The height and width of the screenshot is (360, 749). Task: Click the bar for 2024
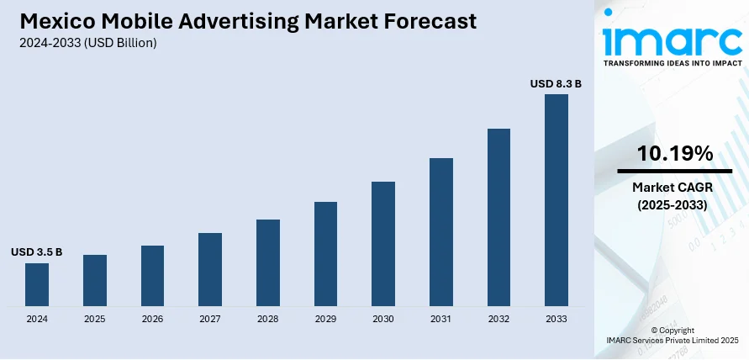37,284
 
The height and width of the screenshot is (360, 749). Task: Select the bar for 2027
210,269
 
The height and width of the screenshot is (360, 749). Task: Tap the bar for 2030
383,243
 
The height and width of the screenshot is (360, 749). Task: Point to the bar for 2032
498,217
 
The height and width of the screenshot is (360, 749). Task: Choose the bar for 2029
326,253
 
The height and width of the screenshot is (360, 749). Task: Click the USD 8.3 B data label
556,84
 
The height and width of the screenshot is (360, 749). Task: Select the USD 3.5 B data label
36,252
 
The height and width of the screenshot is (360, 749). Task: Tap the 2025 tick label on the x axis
95,320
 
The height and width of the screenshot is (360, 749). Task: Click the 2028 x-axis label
268,320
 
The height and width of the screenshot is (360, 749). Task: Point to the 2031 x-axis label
441,320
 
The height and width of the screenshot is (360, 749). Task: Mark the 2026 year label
152,320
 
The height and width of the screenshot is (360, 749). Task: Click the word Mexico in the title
52,20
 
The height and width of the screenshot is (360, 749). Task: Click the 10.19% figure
675,153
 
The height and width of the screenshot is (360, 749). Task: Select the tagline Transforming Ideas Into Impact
673,63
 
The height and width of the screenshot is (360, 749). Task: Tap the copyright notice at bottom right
673,335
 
